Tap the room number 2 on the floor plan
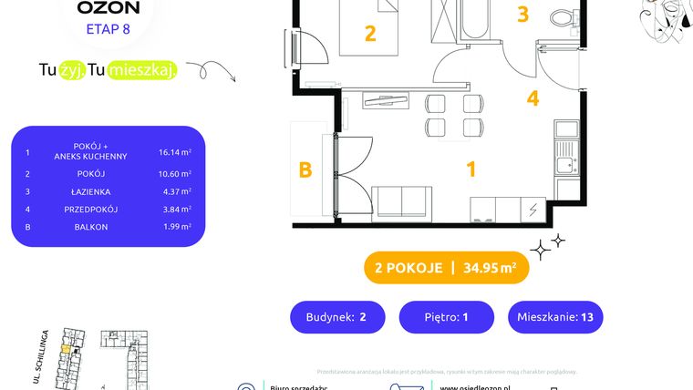(x=369, y=34)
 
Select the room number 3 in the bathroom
(x=522, y=14)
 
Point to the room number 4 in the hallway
(x=533, y=97)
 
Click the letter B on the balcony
(x=305, y=169)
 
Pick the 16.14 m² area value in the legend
(x=174, y=154)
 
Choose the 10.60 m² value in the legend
(x=174, y=173)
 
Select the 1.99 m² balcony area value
(x=174, y=227)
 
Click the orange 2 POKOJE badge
(x=446, y=267)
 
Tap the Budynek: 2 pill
(x=337, y=317)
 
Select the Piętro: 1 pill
(x=446, y=317)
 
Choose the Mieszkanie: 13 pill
(x=555, y=317)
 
